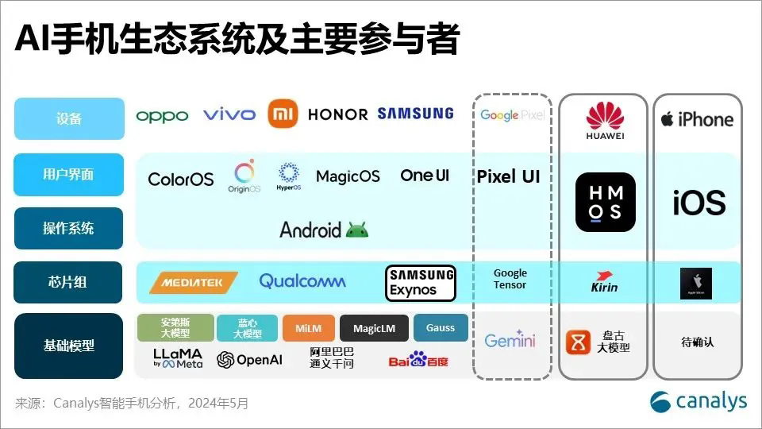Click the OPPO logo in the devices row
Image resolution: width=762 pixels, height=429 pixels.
pyautogui.click(x=162, y=116)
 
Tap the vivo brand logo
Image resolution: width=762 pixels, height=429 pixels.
pyautogui.click(x=229, y=115)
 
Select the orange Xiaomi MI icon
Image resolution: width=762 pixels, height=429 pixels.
pyautogui.click(x=283, y=114)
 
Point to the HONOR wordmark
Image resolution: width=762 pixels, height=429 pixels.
pyautogui.click(x=337, y=114)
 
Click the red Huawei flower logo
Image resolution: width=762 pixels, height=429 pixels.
pyautogui.click(x=606, y=115)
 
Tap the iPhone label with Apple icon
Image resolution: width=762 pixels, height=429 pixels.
pyautogui.click(x=697, y=119)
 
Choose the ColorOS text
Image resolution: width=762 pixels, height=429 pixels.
pyautogui.click(x=181, y=179)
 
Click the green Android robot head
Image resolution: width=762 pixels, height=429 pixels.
pyautogui.click(x=357, y=230)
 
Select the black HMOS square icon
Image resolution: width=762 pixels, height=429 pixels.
pyautogui.click(x=606, y=202)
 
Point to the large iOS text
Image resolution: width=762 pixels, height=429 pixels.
pyautogui.click(x=698, y=203)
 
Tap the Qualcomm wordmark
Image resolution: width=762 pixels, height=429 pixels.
pyautogui.click(x=302, y=281)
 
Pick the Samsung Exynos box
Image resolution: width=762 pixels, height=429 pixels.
pyautogui.click(x=421, y=283)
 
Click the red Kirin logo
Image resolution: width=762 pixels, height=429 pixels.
pyautogui.click(x=605, y=283)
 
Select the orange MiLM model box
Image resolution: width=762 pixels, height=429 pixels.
pyautogui.click(x=308, y=328)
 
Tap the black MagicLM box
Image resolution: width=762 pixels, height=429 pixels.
pyautogui.click(x=374, y=328)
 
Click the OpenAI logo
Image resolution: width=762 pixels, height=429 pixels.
pyautogui.click(x=249, y=360)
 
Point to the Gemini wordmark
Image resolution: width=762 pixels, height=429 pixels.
pyautogui.click(x=510, y=341)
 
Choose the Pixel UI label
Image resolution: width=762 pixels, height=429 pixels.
pyautogui.click(x=508, y=176)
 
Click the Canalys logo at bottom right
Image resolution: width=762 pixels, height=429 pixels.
pyautogui.click(x=698, y=401)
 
